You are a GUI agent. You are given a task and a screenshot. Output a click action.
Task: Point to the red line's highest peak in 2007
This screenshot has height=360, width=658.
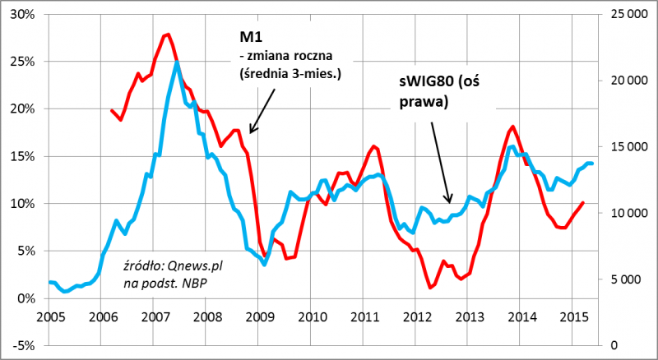(167, 35)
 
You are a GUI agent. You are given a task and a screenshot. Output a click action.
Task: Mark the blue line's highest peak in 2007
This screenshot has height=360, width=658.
(177, 62)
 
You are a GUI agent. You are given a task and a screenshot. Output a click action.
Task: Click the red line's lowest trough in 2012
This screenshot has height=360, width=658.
(431, 288)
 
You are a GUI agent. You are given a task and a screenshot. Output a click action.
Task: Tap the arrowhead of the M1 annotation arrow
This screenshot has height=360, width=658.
(250, 132)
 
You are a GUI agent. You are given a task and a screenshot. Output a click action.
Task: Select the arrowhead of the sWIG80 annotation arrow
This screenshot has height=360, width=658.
(450, 201)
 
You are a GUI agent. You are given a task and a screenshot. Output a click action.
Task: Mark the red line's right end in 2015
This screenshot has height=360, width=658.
(583, 202)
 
